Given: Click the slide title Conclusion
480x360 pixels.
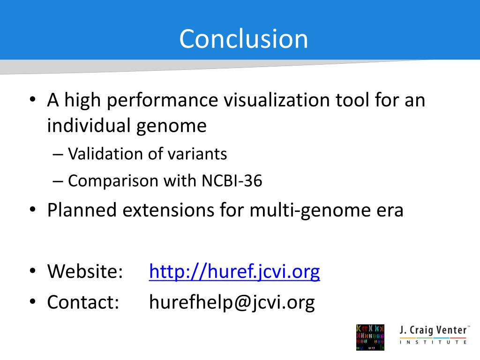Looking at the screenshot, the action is pos(243,38).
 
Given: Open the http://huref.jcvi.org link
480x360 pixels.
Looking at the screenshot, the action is pos(234,271).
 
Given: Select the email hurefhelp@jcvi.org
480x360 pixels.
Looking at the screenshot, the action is pos(232,302).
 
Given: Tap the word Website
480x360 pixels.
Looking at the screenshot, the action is pos(85,271).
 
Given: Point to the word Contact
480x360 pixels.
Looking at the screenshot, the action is pos(83,302).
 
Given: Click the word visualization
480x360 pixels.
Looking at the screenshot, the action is pos(277,100).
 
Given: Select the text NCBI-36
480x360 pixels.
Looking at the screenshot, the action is pos(232,180).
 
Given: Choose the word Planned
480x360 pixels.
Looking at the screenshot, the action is pos(82,210).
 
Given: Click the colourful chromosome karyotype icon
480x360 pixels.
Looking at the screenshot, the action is pos(370,337).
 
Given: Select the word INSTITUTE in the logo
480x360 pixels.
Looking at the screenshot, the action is pos(433,342).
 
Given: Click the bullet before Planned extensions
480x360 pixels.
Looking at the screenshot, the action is pos(33,210).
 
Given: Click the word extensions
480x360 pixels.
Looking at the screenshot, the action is pos(168,210).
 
